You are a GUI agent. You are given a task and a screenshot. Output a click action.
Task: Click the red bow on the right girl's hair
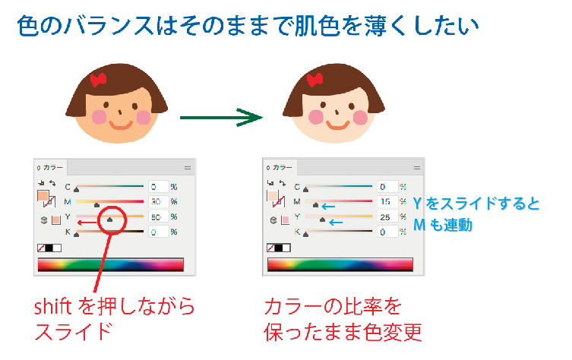[x=317, y=78]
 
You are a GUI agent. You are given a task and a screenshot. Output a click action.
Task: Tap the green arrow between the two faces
[x=220, y=118]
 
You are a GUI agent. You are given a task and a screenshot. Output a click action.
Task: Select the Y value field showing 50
[x=158, y=216]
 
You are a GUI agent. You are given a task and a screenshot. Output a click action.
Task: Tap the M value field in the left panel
[x=158, y=201]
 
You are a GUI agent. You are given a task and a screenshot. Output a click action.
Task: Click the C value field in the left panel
[x=158, y=186]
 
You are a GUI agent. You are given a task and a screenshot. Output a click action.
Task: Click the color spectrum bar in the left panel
[x=110, y=264]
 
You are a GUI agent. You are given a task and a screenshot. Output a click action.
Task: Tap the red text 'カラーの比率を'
[x=332, y=308]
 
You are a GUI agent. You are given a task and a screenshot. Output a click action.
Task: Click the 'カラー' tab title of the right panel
[x=282, y=167]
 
